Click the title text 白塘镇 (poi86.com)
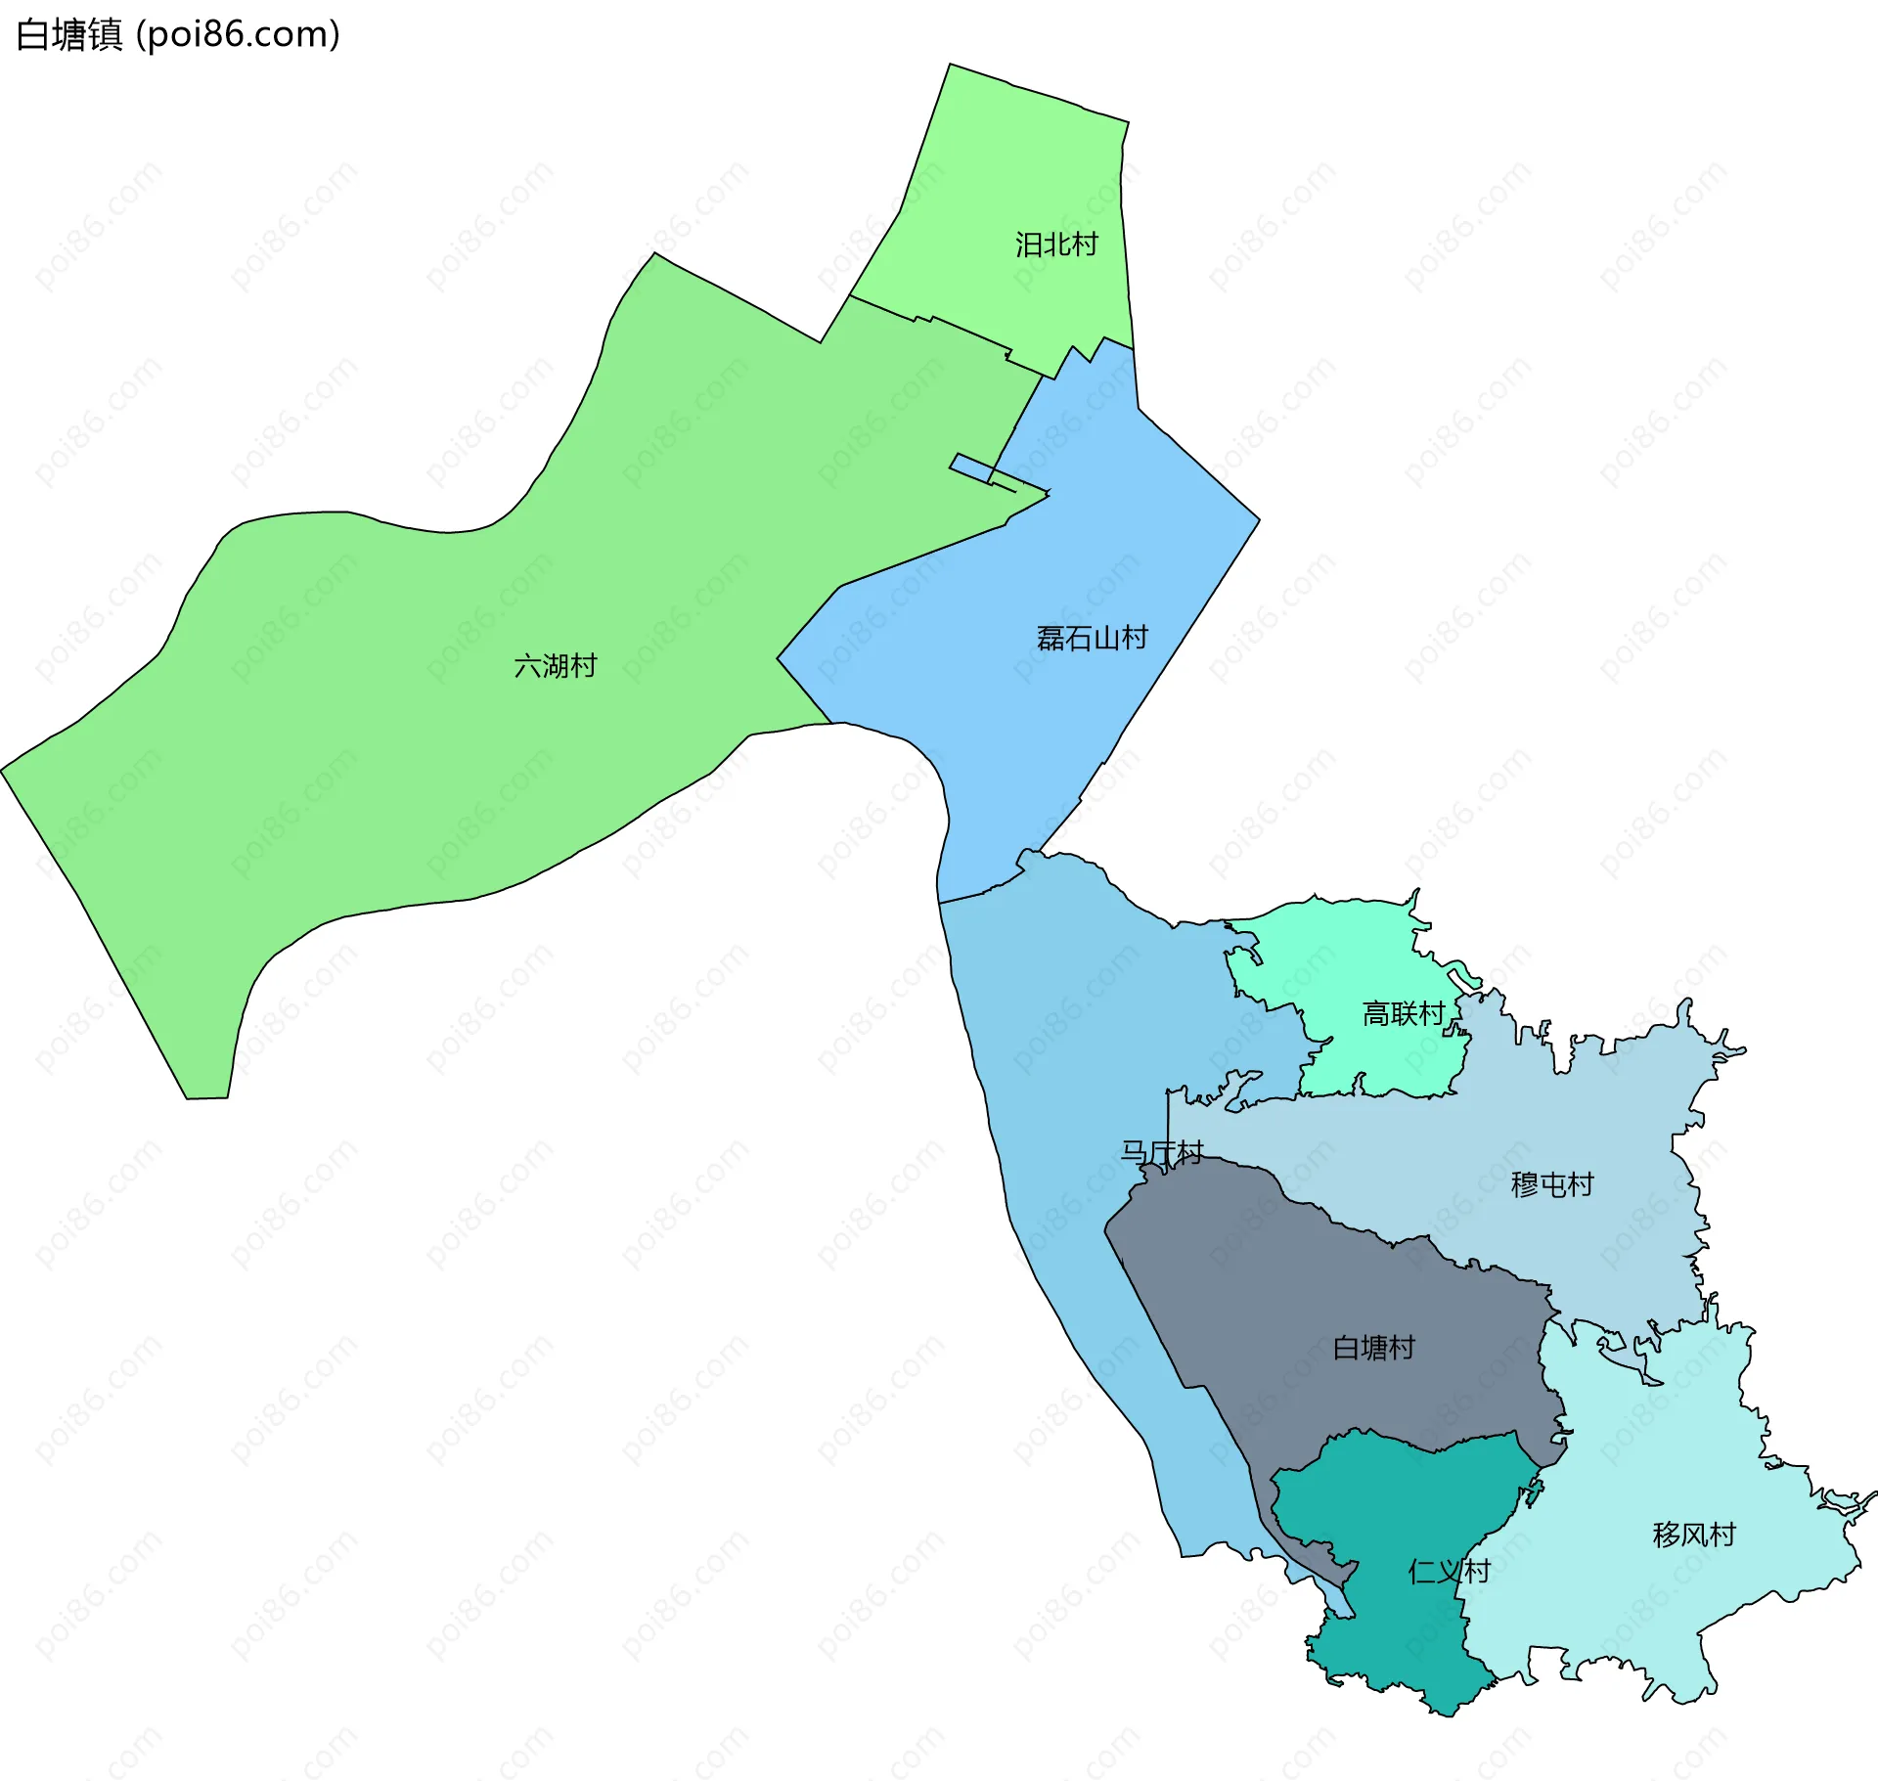178,34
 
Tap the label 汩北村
1056,245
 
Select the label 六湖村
555,666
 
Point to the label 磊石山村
1092,639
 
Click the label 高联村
1404,1014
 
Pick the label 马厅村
1161,1153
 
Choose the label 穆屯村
1552,1185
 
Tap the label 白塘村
1373,1349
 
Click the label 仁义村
1449,1572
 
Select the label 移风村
1694,1535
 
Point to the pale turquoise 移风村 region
1663,1447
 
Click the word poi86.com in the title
238,34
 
